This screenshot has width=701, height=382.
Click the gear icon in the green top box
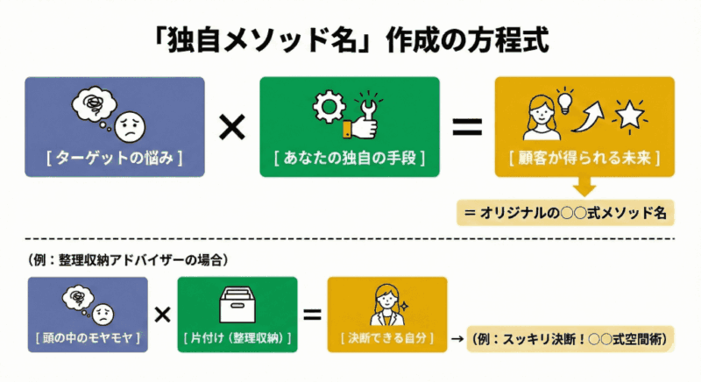click(x=326, y=109)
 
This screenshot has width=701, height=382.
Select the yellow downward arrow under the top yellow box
click(x=584, y=187)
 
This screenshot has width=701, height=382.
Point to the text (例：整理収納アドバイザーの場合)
click(x=123, y=259)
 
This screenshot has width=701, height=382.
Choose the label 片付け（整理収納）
click(x=237, y=337)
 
